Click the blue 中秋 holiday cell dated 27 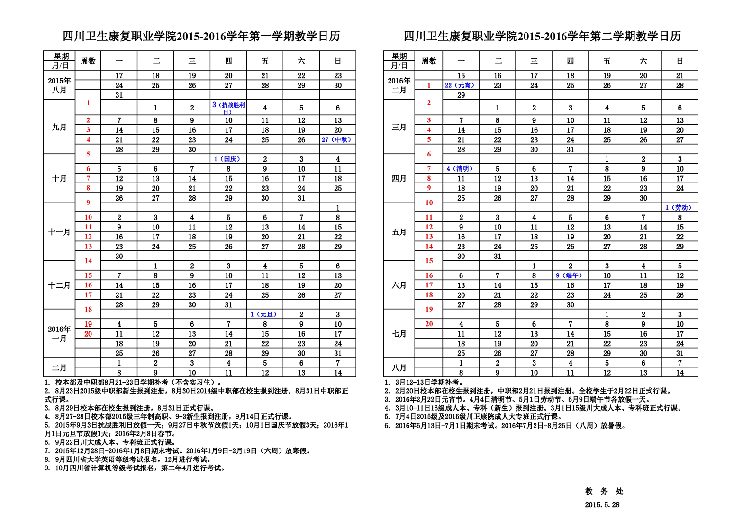coord(337,140)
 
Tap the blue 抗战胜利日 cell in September coord(228,108)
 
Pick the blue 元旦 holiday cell coord(264,314)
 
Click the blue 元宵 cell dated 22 coord(460,85)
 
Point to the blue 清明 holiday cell coord(460,169)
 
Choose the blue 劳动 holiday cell coord(679,208)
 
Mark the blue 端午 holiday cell coord(570,275)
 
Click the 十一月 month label coord(59,232)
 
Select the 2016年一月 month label coord(59,334)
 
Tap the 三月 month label coord(399,127)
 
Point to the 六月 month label coord(399,285)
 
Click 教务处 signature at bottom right coord(604,491)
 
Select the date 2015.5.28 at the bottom coord(602,505)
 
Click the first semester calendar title coord(201,37)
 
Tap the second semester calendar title coord(542,37)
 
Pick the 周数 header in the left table coord(88,61)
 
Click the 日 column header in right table coord(680,61)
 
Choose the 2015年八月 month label coord(59,85)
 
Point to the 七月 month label coord(399,334)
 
